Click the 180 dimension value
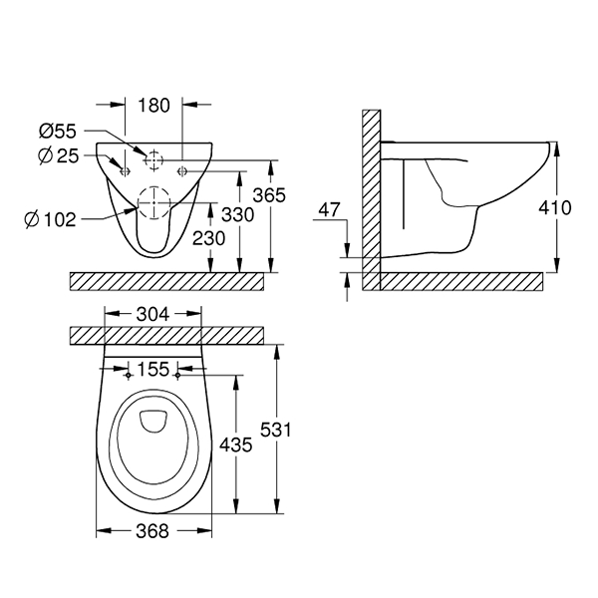[x=155, y=105]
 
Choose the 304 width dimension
[x=152, y=313]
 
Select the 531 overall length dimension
[x=291, y=431]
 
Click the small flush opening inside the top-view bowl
[x=152, y=421]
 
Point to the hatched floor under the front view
[x=166, y=280]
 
